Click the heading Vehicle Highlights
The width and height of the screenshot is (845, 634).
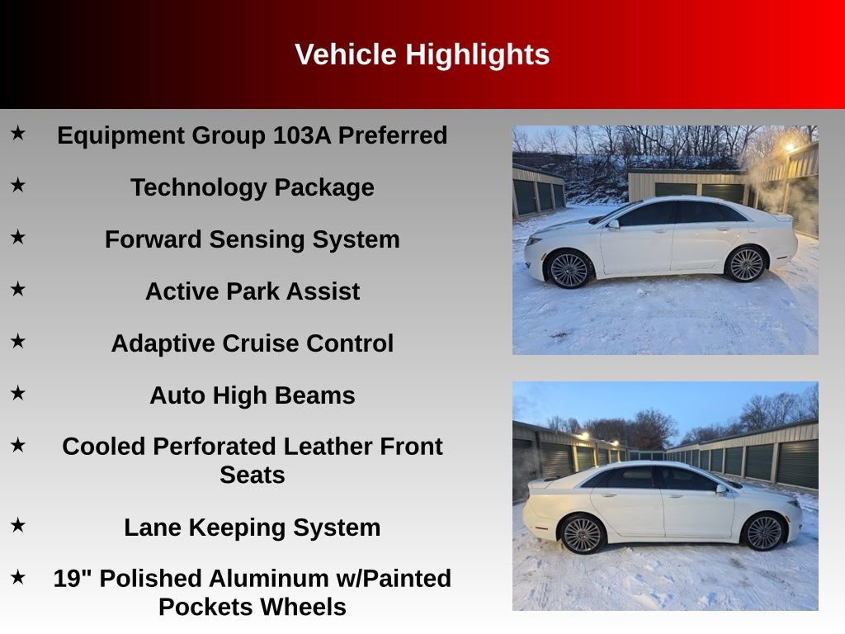pyautogui.click(x=422, y=54)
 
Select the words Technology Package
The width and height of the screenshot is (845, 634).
pyautogui.click(x=252, y=187)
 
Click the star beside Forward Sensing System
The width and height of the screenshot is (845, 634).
pyautogui.click(x=18, y=237)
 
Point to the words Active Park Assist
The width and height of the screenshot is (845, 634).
pyautogui.click(x=252, y=291)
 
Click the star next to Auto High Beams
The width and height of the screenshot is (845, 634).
pyautogui.click(x=18, y=393)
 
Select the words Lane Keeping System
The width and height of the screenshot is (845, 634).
pyautogui.click(x=252, y=528)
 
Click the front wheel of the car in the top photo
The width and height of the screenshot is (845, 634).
pyautogui.click(x=569, y=269)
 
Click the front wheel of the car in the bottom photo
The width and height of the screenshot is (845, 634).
pyautogui.click(x=763, y=532)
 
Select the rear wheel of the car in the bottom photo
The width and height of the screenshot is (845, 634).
pyautogui.click(x=583, y=534)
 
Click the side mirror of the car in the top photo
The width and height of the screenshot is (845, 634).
pyautogui.click(x=612, y=224)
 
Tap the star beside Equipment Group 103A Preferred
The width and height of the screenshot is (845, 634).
pyautogui.click(x=18, y=133)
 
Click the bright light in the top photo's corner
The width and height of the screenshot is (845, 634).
pyautogui.click(x=790, y=147)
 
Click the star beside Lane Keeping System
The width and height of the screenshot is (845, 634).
pyautogui.click(x=18, y=525)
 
